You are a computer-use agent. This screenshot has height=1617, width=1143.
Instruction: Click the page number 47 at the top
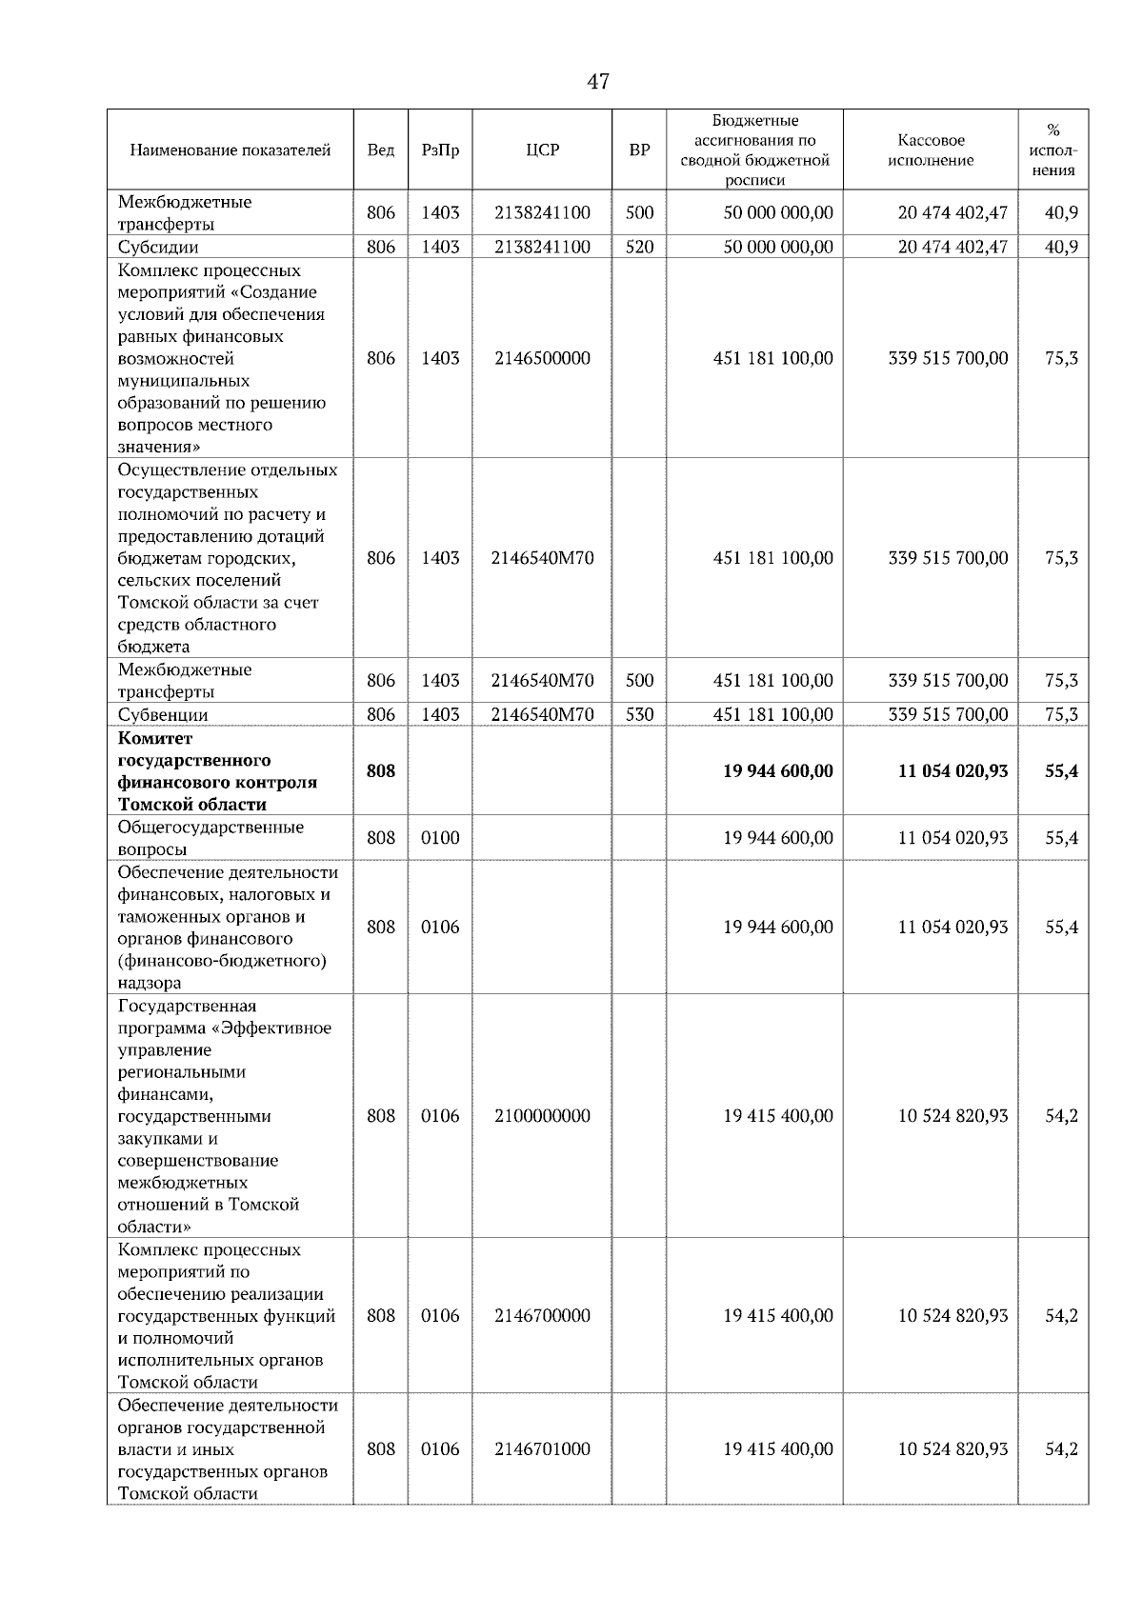coord(598,82)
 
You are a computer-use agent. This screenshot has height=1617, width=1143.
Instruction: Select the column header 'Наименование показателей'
coord(230,150)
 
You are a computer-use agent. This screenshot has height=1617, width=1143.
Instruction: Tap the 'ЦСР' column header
coord(542,150)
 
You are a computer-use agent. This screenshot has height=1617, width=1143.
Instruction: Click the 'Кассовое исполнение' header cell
coord(931,150)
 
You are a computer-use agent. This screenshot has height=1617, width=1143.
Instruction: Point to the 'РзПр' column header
coord(440,150)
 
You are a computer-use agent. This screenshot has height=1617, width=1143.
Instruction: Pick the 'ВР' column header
coord(639,150)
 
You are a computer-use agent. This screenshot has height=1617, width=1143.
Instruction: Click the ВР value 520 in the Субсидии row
coord(639,247)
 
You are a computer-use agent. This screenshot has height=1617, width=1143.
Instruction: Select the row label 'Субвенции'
coord(163,714)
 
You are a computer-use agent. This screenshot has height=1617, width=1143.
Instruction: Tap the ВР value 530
coord(639,714)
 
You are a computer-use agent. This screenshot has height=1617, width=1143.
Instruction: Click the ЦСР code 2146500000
coord(542,358)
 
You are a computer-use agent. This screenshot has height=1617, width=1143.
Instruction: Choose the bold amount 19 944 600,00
coord(778,770)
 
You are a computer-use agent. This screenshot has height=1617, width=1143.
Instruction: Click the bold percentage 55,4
coord(1061,770)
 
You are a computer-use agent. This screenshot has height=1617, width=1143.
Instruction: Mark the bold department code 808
coord(381,770)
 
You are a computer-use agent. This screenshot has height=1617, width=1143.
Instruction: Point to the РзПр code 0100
coord(440,838)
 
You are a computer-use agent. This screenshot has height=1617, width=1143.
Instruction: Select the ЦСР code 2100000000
coord(542,1115)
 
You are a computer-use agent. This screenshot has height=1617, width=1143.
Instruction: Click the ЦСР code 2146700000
coord(542,1315)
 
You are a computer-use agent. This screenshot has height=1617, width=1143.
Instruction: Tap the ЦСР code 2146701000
coord(542,1448)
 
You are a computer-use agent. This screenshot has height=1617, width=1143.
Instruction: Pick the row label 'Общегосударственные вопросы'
coord(211,838)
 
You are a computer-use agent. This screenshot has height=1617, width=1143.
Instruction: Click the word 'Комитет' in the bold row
coord(155,738)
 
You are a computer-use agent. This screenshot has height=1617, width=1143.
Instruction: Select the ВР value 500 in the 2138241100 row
coord(639,212)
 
